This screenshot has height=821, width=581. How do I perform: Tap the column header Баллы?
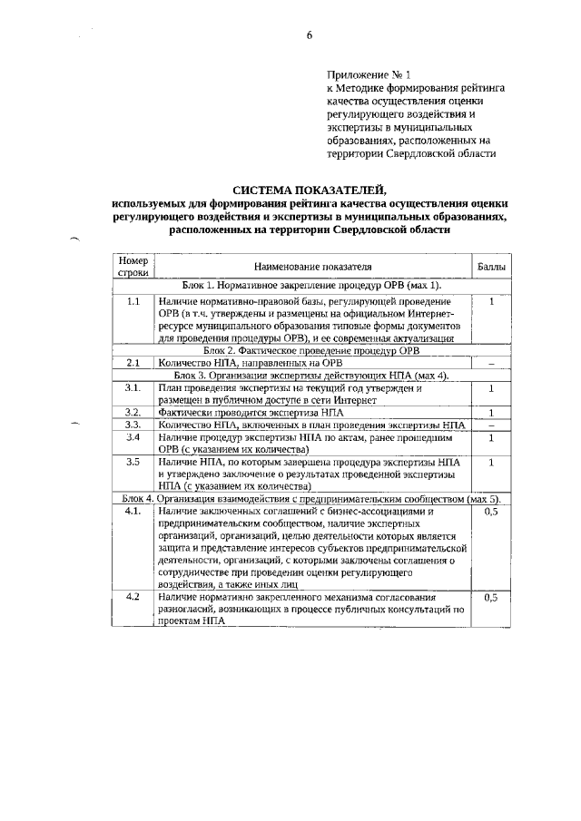click(x=492, y=267)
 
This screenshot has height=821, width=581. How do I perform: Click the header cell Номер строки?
click(x=133, y=266)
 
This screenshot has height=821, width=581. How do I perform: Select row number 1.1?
click(x=133, y=300)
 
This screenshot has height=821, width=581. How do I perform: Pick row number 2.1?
click(x=133, y=363)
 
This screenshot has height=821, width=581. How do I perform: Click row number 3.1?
click(x=133, y=387)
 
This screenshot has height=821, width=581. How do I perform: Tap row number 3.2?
click(x=133, y=412)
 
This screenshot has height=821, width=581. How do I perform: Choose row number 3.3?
click(x=133, y=424)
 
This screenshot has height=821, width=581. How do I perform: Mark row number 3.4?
click(x=133, y=436)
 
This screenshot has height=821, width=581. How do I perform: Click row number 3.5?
click(x=133, y=462)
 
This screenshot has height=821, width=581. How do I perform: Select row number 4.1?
click(x=133, y=512)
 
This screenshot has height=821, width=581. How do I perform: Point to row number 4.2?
click(x=133, y=597)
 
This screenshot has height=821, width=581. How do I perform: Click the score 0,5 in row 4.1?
click(x=492, y=512)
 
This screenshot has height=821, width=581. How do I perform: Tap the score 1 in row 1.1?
click(x=491, y=300)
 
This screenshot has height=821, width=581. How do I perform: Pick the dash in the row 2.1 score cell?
click(x=491, y=364)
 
